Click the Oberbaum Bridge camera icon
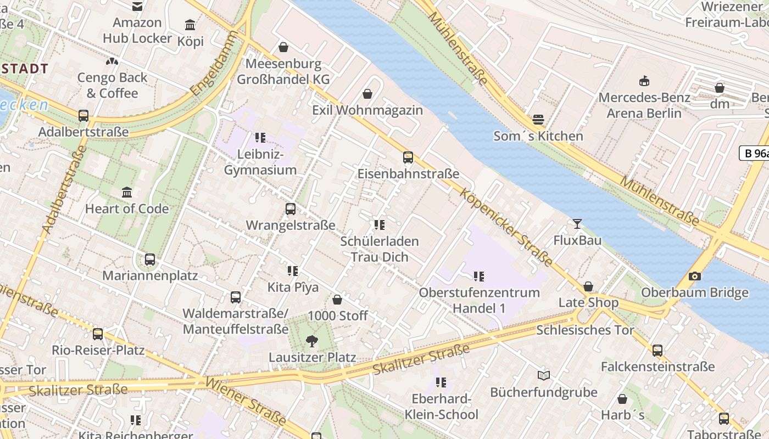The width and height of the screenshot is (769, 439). pos(694,277)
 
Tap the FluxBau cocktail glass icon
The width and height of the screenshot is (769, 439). pos(577,224)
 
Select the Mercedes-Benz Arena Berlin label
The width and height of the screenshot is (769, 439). pos(644,105)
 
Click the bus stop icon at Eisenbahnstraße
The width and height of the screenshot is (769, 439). pos(408,157)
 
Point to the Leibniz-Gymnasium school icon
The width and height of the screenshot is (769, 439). pos(260,137)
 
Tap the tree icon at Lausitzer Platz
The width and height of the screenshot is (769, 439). pos(311,341)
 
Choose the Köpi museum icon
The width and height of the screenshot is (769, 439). pos(190,25)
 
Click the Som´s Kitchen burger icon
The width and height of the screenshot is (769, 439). pos(538,120)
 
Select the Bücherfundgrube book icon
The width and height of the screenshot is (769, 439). pos(543,375)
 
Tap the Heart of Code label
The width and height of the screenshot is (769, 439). pos(127,209)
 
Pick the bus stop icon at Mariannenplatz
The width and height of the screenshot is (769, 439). pos(149,259)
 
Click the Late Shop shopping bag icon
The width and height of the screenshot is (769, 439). pos(588,286)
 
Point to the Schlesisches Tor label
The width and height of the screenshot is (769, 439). pos(585,330)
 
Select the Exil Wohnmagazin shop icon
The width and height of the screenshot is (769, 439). pos(367,94)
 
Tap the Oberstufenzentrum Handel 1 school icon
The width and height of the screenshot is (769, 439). pos(478,277)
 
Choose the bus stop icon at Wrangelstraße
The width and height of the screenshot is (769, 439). pos(290,209)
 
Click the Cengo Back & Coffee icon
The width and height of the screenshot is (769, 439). pos(112,61)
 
